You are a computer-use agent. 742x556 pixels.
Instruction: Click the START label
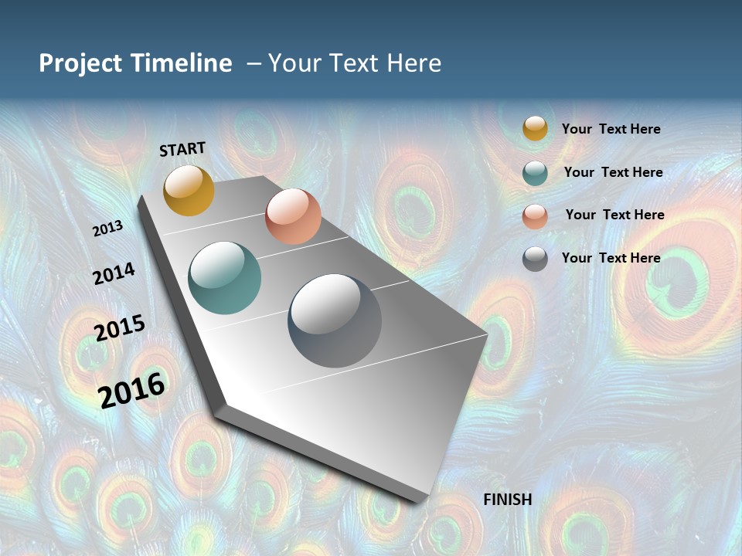[182, 149]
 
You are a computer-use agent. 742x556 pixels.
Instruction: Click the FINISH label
[507, 500]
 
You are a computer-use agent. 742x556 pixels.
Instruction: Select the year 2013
[107, 229]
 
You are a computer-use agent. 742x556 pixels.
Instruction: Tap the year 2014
[114, 273]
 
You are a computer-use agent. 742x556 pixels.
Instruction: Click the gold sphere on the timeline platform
[189, 190]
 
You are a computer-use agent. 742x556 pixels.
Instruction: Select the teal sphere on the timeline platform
[225, 278]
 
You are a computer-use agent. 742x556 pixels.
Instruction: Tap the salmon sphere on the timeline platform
[293, 216]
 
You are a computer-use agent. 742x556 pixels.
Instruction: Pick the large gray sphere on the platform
[335, 320]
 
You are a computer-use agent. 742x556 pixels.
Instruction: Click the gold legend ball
[535, 128]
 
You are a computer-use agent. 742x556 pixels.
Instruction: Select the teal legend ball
[535, 173]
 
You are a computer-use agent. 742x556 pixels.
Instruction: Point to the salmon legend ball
[535, 216]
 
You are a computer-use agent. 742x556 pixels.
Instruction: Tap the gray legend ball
[535, 259]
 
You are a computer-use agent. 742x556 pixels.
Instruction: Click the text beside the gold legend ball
[611, 129]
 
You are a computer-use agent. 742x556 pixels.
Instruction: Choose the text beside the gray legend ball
[611, 258]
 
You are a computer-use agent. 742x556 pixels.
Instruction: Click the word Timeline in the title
[182, 63]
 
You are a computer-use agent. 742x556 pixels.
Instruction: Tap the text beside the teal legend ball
[613, 172]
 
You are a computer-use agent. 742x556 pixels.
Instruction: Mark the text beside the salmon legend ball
[614, 215]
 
